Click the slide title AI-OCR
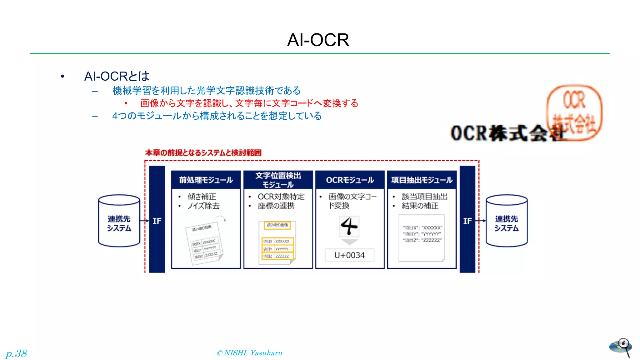(x=318, y=40)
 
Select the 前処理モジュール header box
(x=206, y=180)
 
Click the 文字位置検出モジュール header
(x=278, y=180)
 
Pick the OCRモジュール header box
(x=350, y=180)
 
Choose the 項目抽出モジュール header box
(x=422, y=180)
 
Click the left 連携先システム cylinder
(x=119, y=221)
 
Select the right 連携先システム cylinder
(x=507, y=221)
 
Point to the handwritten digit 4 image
(x=349, y=226)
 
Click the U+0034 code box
(x=349, y=255)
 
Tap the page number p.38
(x=17, y=353)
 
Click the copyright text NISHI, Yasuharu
(x=249, y=353)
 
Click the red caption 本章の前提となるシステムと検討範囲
(x=203, y=153)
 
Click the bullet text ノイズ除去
(x=203, y=206)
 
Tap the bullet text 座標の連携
(x=276, y=206)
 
